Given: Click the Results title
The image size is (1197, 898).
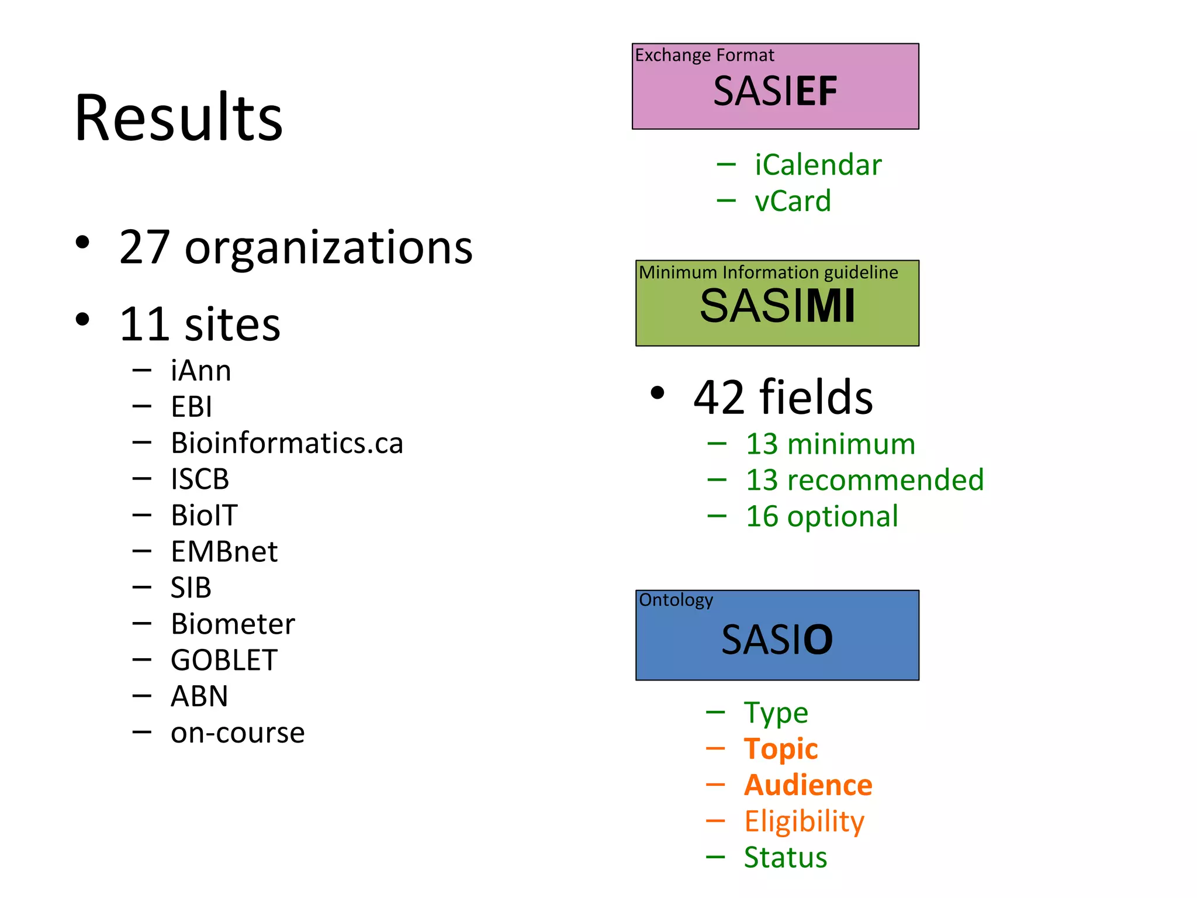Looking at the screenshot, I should point(178,118).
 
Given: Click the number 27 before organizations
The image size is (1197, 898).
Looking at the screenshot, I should point(144,247).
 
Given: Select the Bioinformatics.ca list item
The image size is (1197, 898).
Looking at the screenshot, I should point(286,443).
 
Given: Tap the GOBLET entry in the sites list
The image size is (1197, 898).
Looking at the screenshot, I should point(224,660).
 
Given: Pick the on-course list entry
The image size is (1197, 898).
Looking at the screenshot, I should point(237,733).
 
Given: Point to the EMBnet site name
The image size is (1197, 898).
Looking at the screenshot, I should point(224,551).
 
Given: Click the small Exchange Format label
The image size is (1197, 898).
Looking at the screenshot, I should point(704,55).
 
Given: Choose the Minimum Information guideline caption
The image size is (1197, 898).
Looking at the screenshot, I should point(768,272).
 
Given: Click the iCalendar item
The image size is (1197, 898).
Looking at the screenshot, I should point(818,165).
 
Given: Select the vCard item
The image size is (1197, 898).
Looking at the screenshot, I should point(793,201).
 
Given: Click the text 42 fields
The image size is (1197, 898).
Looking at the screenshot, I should point(783,397).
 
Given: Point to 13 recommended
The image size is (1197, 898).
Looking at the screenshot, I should point(864,480).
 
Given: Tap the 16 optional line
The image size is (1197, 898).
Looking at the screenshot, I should point(822,516).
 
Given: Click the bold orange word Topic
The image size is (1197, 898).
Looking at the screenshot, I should point(781,749).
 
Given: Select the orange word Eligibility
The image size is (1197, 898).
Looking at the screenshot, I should point(804,821).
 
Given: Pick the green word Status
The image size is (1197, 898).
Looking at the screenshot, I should point(785,858).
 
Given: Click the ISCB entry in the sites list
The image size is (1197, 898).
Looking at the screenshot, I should point(199,479).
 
